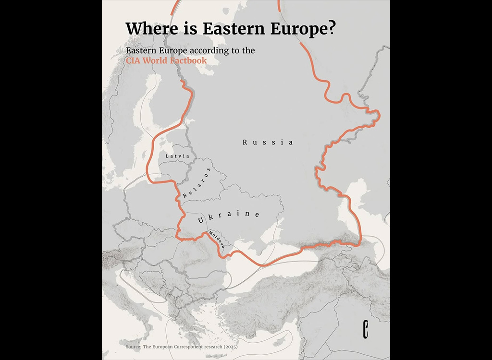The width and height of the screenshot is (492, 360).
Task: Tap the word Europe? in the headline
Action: click(x=302, y=29)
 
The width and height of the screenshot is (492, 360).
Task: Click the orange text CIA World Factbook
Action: click(x=166, y=60)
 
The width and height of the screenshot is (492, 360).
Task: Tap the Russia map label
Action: click(x=268, y=142)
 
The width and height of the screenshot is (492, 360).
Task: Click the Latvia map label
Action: click(x=177, y=156)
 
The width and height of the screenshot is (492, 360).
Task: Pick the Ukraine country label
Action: click(x=229, y=216)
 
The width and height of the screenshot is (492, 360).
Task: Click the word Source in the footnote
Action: click(x=133, y=347)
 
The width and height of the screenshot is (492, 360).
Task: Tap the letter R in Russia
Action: click(x=245, y=142)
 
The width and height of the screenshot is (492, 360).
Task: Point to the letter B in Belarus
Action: click(x=185, y=196)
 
